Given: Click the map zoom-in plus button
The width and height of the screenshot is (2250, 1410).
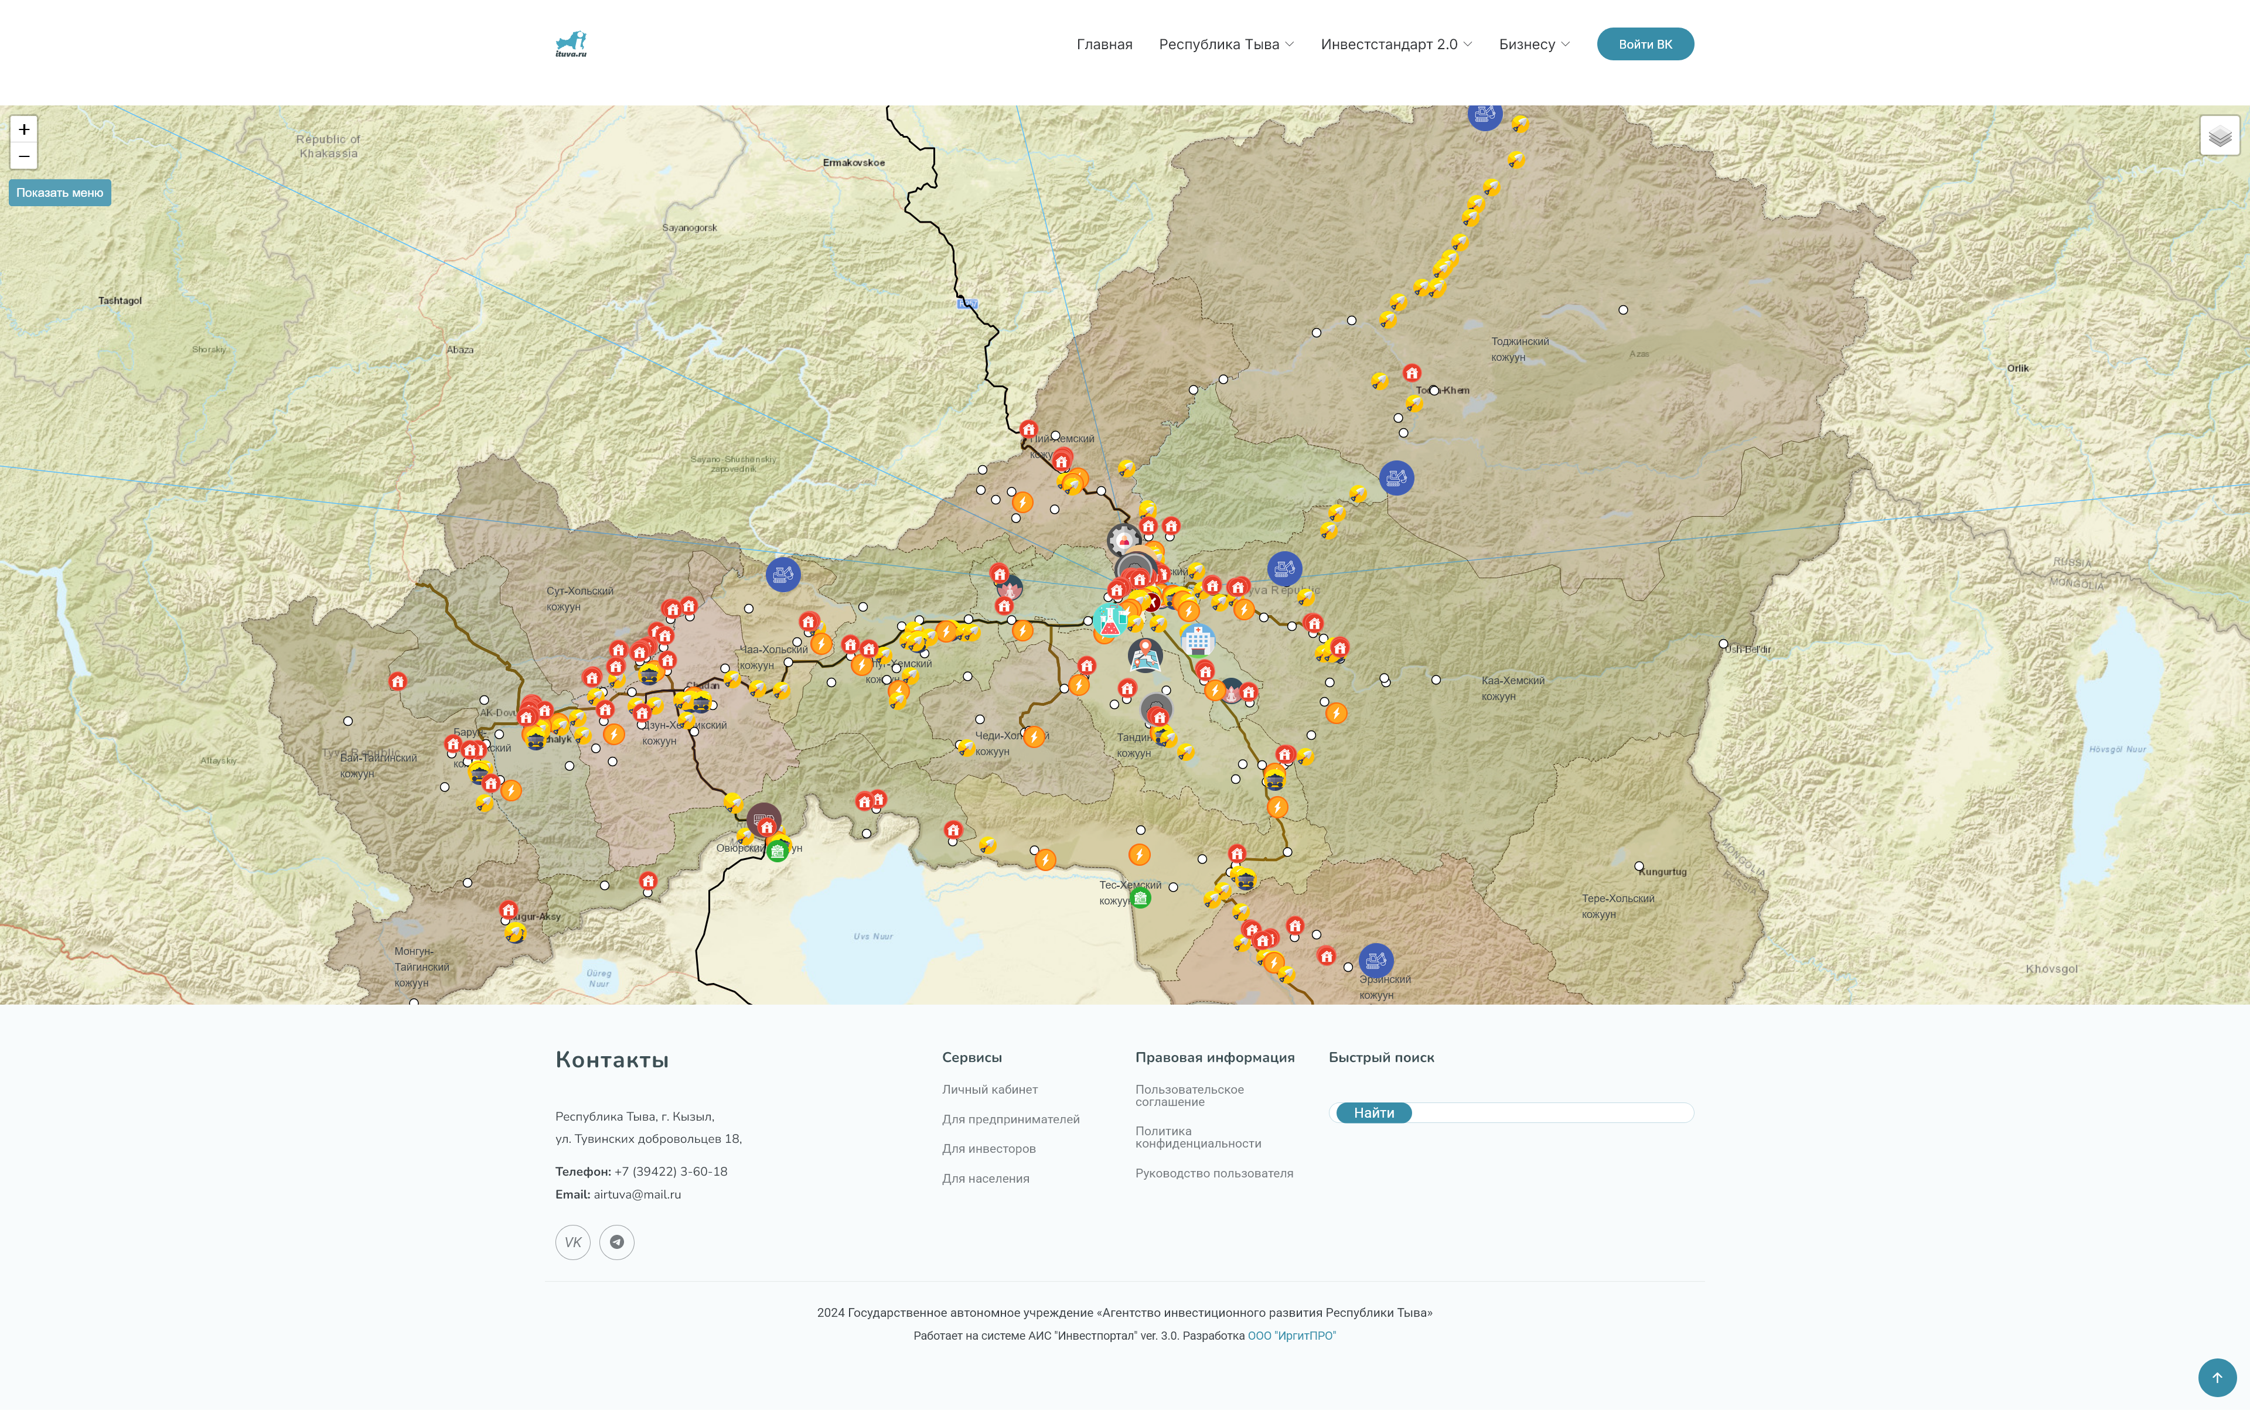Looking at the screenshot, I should coord(24,129).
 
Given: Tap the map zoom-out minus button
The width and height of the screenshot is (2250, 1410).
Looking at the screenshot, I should coord(24,156).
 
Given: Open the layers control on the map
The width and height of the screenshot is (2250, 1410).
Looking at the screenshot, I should coord(2219,136).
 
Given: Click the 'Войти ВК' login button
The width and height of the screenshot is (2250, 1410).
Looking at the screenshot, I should coord(1645,44).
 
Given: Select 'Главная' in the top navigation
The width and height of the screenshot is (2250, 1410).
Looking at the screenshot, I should coord(1103,44).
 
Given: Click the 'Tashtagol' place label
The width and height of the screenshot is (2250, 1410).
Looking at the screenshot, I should coord(120,301).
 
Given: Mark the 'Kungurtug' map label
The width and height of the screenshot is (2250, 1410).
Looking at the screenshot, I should coord(1662,872).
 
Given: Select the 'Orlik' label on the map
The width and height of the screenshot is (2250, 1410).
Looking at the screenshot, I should coord(2018,368).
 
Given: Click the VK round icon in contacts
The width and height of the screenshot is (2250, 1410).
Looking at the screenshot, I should coord(573,1242).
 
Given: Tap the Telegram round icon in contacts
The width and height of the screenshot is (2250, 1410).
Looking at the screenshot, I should coord(616,1242).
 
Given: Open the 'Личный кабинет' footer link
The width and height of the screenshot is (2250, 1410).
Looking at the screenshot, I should coord(990,1089).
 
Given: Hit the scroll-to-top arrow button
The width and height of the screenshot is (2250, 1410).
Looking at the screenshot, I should coord(2217,1377).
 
